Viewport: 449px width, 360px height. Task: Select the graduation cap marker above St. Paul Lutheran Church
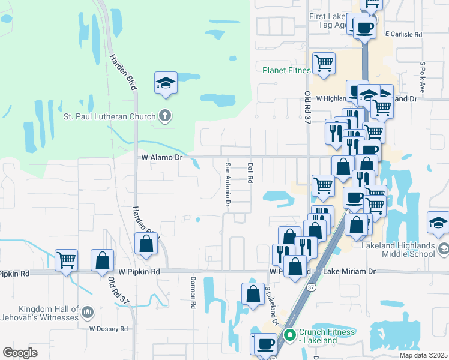point(166,83)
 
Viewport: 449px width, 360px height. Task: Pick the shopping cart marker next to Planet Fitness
point(324,63)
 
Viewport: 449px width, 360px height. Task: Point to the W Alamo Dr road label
point(162,157)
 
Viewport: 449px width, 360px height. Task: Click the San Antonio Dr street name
point(228,184)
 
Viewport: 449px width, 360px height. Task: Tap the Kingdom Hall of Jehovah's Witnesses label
point(40,313)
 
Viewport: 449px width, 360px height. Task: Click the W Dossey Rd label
point(109,329)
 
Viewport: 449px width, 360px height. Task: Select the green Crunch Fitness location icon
point(290,334)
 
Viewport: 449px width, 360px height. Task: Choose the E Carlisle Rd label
point(404,35)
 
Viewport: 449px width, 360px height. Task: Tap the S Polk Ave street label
point(423,76)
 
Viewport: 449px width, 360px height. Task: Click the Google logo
point(20,353)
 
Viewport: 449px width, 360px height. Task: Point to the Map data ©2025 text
point(423,355)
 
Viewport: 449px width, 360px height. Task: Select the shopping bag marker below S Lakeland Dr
point(253,295)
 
